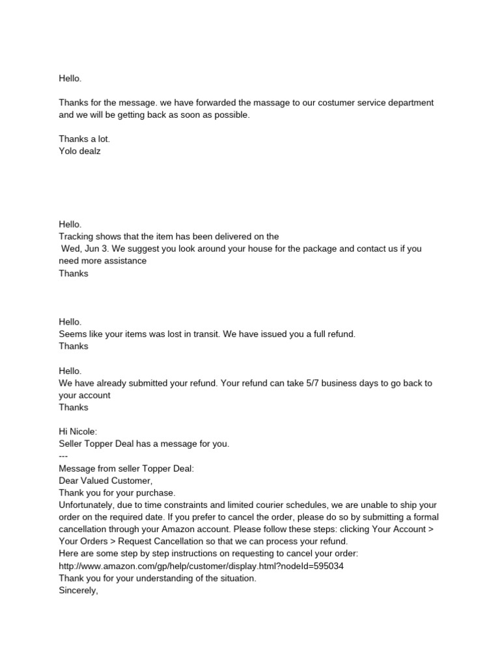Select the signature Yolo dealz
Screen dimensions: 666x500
[80, 151]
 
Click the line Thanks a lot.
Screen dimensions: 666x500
[80, 139]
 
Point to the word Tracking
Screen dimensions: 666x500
[77, 237]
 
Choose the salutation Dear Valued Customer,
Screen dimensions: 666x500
[105, 481]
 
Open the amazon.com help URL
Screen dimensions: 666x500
[201, 566]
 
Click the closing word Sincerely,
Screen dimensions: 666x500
[78, 591]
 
